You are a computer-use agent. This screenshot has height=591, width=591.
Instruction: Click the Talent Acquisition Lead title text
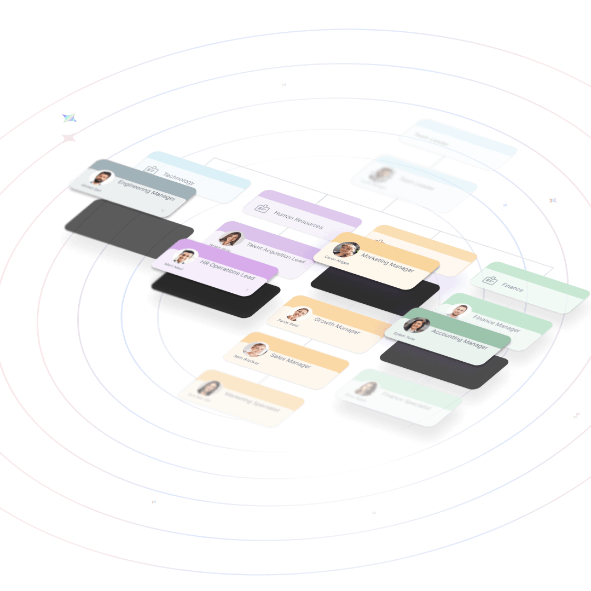pyautogui.click(x=276, y=252)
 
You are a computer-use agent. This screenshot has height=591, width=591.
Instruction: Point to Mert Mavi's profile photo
pyautogui.click(x=185, y=256)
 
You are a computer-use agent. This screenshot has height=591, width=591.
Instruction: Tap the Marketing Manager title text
pyautogui.click(x=387, y=263)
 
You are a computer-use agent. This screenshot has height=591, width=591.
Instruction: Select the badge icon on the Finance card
pyautogui.click(x=489, y=280)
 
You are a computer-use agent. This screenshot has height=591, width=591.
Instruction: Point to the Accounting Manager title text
pyautogui.click(x=459, y=339)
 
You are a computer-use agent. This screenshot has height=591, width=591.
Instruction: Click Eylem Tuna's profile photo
pyautogui.click(x=416, y=325)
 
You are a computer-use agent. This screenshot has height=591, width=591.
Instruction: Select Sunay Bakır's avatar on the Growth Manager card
pyautogui.click(x=299, y=314)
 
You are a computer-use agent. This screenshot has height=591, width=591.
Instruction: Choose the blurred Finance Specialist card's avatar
pyautogui.click(x=365, y=389)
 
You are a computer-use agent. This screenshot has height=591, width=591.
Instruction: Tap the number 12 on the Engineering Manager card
pyautogui.click(x=163, y=210)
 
